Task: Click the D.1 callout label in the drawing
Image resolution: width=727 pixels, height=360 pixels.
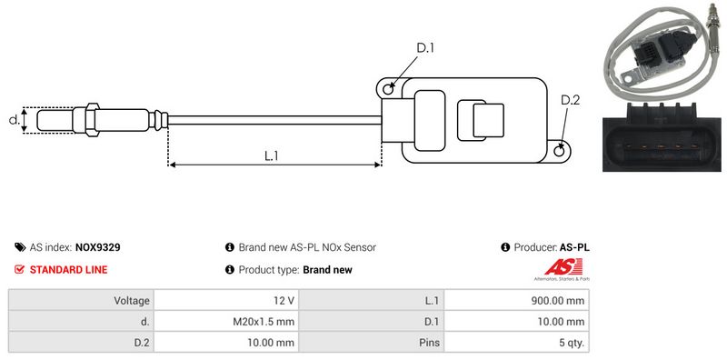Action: (424, 48)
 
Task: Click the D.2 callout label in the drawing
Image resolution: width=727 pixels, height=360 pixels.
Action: (570, 100)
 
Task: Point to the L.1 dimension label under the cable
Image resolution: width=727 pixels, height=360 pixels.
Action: (271, 156)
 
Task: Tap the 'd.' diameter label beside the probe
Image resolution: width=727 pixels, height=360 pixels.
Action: (15, 120)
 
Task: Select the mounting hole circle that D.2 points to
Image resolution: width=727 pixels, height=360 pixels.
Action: (560, 150)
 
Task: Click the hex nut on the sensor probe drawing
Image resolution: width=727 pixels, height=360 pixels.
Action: (93, 120)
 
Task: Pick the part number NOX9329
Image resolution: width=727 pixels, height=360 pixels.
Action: (98, 247)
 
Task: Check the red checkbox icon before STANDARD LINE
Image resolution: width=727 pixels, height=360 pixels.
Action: (19, 269)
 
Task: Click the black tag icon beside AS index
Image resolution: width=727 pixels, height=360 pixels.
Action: (20, 247)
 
